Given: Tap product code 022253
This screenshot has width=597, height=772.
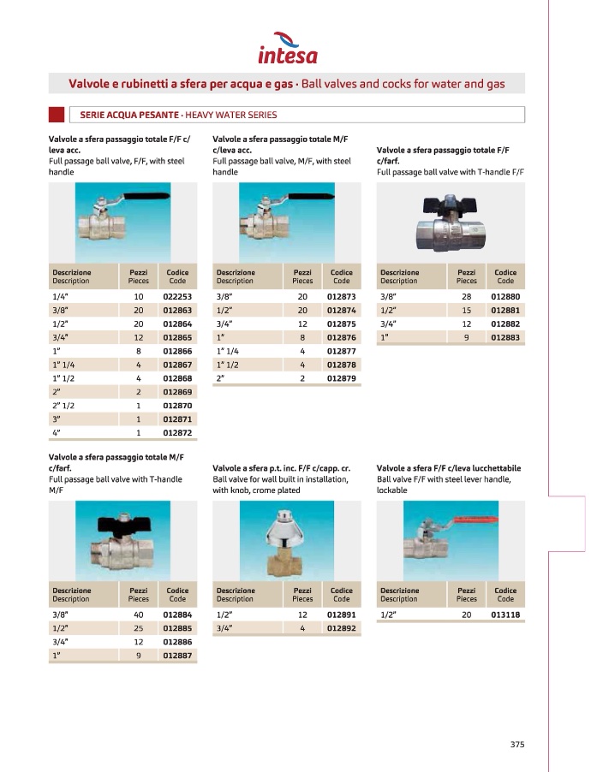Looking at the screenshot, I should [x=177, y=296].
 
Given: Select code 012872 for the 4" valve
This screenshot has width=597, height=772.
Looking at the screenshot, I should [x=177, y=433].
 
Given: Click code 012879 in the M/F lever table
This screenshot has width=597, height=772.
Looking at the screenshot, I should [x=341, y=378].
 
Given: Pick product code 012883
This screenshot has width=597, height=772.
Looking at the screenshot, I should [x=505, y=337].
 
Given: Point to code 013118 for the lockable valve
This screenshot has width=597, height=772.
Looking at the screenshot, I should [x=505, y=615].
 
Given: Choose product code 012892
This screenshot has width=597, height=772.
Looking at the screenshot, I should [x=341, y=628].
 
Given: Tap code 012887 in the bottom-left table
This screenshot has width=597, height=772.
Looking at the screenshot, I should [x=177, y=656].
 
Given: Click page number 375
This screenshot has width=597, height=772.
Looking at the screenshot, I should [x=516, y=744].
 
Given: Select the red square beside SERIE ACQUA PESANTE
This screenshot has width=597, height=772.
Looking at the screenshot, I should [x=57, y=115].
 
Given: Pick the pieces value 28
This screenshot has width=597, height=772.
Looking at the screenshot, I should [x=466, y=296].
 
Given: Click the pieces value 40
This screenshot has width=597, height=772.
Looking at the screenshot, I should [x=138, y=615].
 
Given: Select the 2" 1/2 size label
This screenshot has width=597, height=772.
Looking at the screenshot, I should [x=65, y=406].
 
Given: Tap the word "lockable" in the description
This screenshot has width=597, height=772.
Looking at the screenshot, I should [x=392, y=490].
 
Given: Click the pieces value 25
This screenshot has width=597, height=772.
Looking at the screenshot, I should [x=138, y=628].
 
